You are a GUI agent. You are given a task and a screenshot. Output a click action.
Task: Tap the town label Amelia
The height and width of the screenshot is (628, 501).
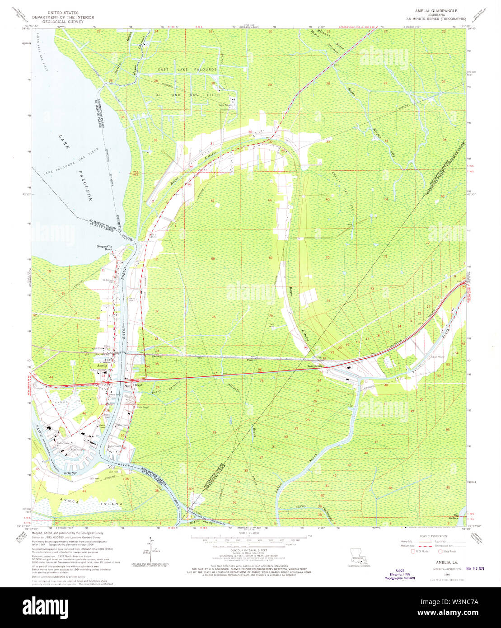click(x=100, y=366)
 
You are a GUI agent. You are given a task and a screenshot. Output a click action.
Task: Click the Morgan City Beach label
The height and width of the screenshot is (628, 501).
click(x=104, y=248)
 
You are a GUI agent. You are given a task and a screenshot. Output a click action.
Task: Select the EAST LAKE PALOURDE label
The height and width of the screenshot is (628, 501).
click(x=187, y=70)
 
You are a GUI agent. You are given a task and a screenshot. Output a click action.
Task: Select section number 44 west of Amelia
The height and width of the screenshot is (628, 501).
click(x=51, y=377)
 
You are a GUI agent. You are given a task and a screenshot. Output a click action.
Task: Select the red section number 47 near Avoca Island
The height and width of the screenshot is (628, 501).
click(x=84, y=490)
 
